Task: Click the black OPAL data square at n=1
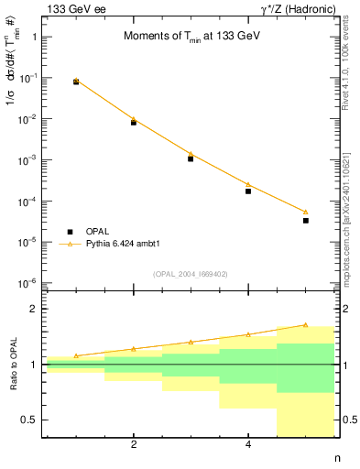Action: coord(76,82)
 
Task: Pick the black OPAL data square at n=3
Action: coord(191,158)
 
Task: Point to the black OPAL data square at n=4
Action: coord(248,191)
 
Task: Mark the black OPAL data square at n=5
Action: coord(306,220)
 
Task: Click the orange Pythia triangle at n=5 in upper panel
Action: coord(306,212)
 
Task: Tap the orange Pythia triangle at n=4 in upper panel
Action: coord(248,184)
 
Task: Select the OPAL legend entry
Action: coord(96,232)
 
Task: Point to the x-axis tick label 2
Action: coord(134,445)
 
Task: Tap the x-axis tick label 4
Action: coord(248,445)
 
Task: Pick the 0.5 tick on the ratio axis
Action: coord(28,420)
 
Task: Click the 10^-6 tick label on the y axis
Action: coord(27,283)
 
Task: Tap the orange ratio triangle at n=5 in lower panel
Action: coord(306,325)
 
